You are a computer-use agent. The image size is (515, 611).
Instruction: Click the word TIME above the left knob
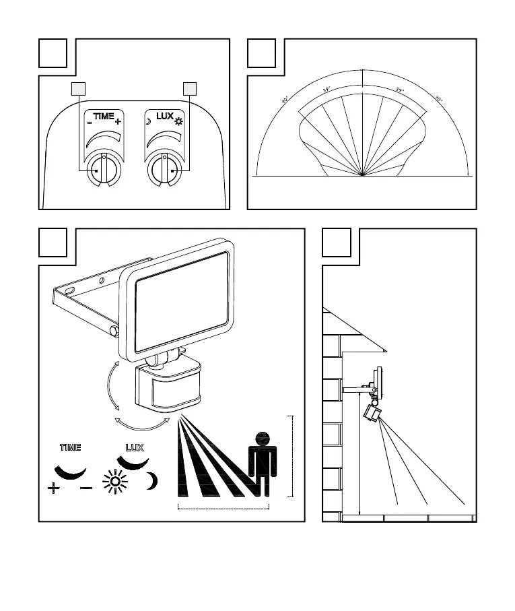pos(104,117)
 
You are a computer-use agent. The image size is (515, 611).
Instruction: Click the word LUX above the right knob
pos(164,116)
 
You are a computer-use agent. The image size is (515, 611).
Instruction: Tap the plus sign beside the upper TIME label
pos(118,122)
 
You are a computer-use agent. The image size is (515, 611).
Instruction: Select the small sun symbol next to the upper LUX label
pos(179,122)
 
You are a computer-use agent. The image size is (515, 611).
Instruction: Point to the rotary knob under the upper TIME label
pos(103,168)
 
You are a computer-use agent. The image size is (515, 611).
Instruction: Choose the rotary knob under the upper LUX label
pos(164,168)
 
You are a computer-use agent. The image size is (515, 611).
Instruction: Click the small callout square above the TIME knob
pos(79,88)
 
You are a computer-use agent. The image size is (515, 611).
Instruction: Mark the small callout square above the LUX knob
pos(190,88)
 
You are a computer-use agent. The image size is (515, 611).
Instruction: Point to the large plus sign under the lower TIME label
pos(55,487)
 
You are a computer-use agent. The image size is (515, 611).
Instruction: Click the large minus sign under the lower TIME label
pos(86,487)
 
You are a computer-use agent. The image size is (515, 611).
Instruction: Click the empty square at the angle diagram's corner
pos(261,53)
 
